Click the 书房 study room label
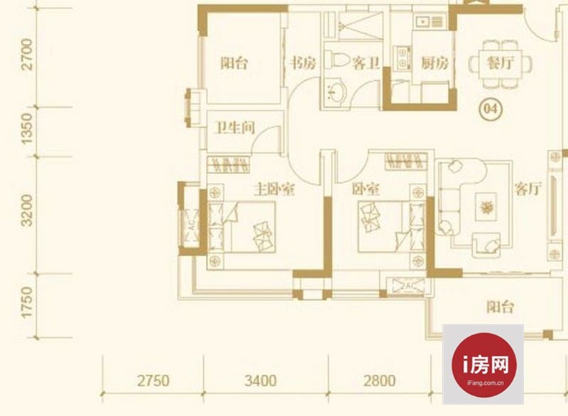pyautogui.click(x=303, y=64)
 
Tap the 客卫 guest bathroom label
pyautogui.click(x=366, y=64)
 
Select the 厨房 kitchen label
pyautogui.click(x=435, y=64)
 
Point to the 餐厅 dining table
pyautogui.click(x=501, y=64)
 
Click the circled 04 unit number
pyautogui.click(x=491, y=108)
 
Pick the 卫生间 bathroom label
pyautogui.click(x=236, y=128)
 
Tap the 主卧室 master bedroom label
pyautogui.click(x=274, y=189)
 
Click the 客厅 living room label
pyautogui.click(x=528, y=189)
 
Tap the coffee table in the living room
pyautogui.click(x=486, y=207)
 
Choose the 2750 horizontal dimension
pyautogui.click(x=153, y=381)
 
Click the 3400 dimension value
pyautogui.click(x=261, y=381)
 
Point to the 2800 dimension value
pyautogui.click(x=379, y=381)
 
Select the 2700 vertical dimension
pyautogui.click(x=27, y=54)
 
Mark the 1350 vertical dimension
pyautogui.click(x=27, y=129)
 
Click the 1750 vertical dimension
pyautogui.click(x=27, y=303)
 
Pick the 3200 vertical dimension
pyautogui.click(x=27, y=210)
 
